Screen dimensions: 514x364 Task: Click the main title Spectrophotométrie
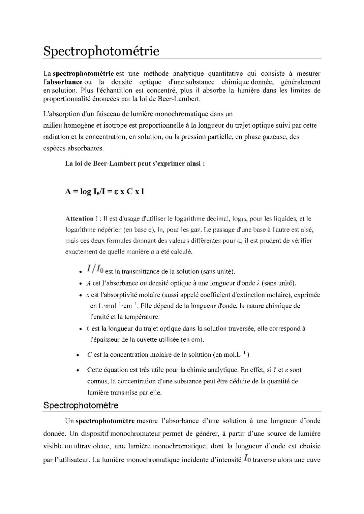tap(101, 51)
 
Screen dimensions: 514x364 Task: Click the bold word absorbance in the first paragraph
tap(64, 82)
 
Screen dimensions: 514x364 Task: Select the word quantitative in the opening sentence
tap(225, 74)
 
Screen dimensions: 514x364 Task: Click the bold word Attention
tap(80, 219)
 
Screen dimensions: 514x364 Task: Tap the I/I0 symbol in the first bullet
tap(95, 269)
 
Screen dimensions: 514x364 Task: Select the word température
tap(142, 317)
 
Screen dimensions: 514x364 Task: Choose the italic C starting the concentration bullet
tap(89, 355)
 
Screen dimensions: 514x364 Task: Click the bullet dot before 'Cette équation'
tap(78, 370)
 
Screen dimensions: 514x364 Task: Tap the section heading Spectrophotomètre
tap(81, 405)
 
